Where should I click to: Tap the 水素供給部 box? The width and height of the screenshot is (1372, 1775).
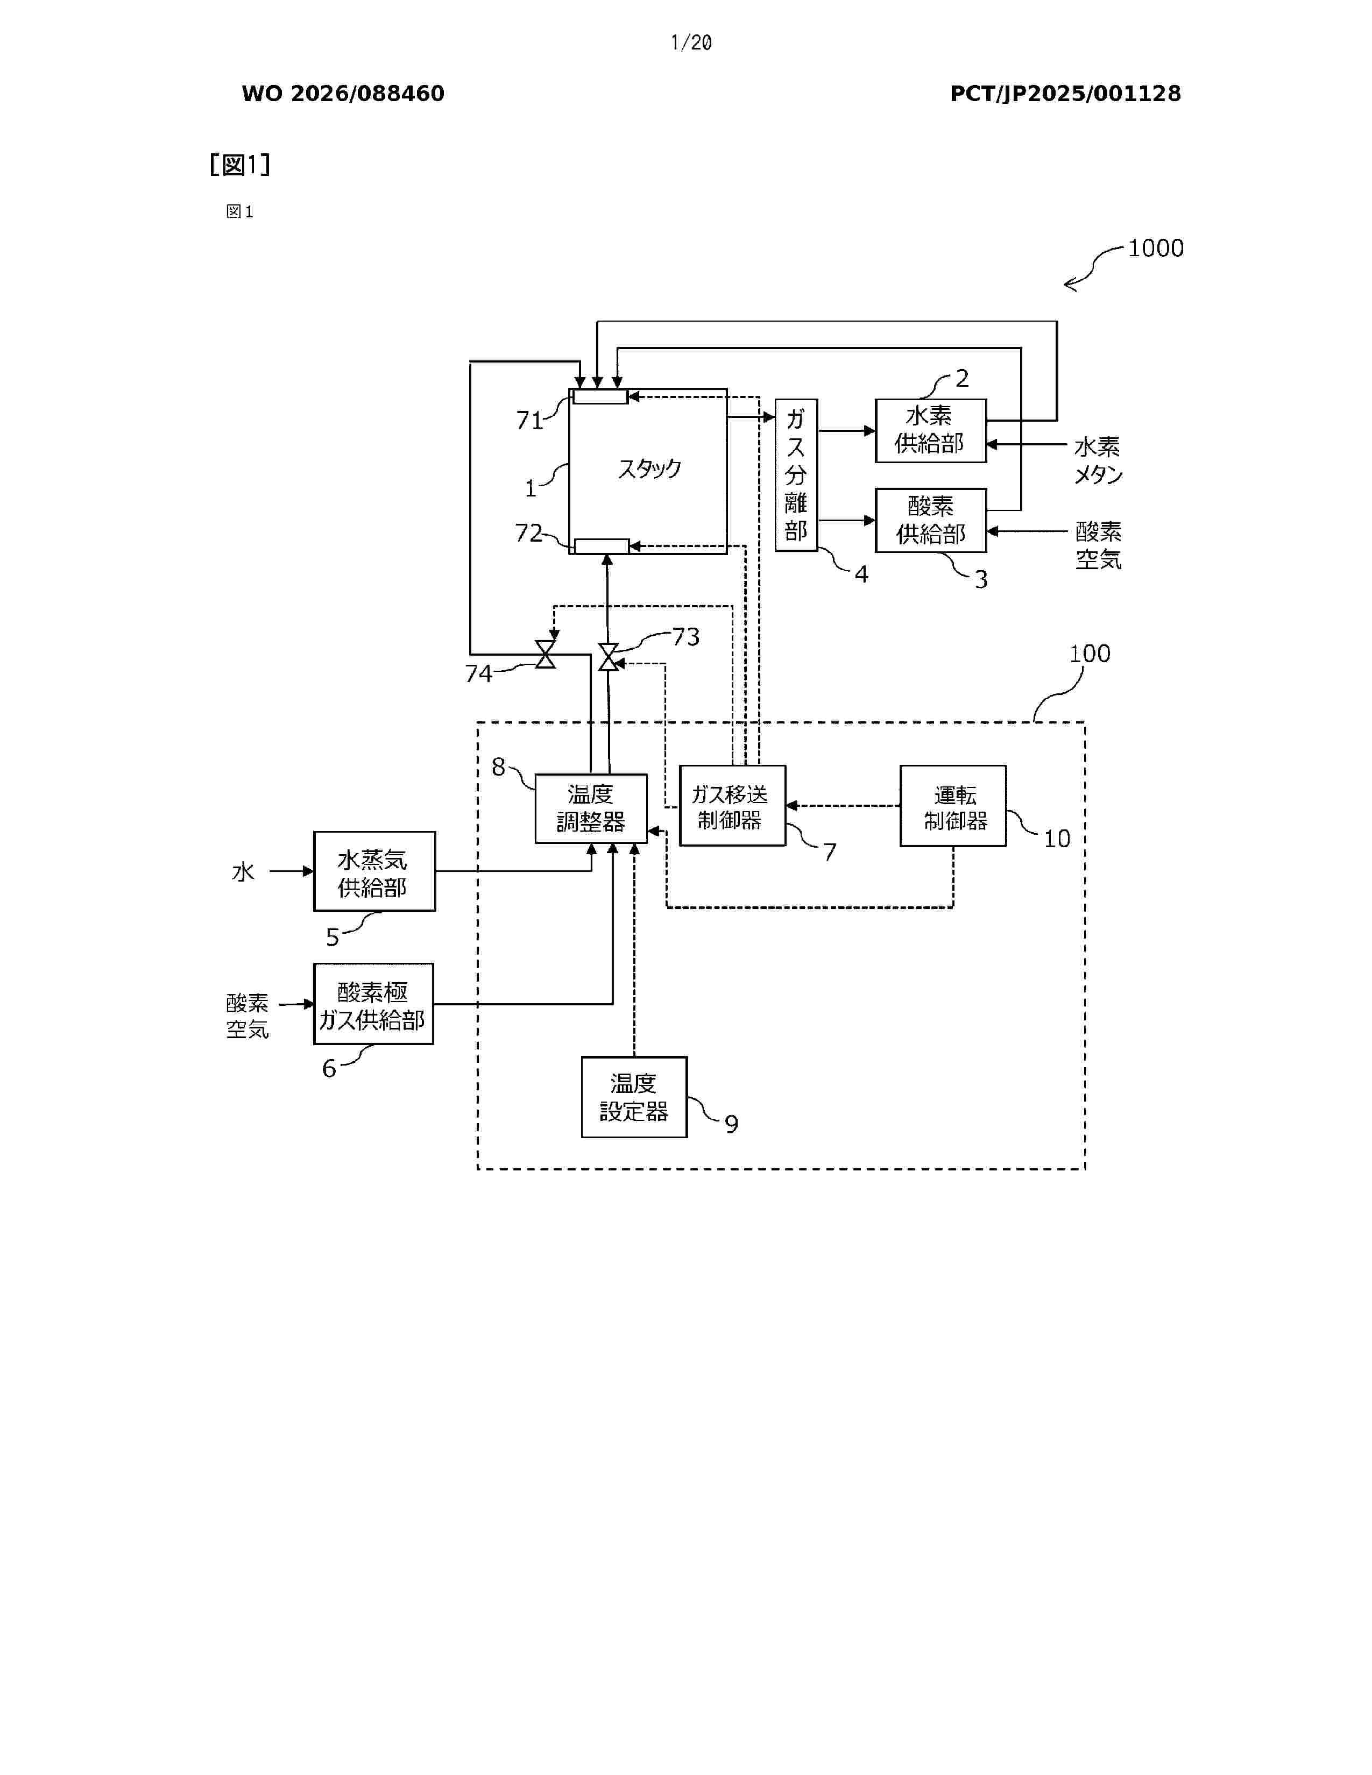[931, 431]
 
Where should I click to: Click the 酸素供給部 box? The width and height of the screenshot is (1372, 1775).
[931, 520]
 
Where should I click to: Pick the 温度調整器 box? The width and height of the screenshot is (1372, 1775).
[591, 808]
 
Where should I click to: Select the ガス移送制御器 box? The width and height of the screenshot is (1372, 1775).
[732, 805]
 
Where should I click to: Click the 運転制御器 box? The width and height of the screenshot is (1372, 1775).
[953, 805]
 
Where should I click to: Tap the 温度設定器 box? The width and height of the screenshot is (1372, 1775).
[634, 1096]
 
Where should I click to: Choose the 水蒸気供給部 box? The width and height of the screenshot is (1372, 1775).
[374, 871]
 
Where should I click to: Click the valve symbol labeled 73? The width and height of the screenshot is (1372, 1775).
[608, 657]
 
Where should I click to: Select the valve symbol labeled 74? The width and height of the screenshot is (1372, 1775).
[546, 654]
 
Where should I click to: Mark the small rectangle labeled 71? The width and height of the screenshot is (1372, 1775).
[600, 396]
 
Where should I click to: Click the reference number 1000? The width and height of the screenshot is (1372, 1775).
[1155, 248]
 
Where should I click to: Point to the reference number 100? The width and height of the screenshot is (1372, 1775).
[1089, 654]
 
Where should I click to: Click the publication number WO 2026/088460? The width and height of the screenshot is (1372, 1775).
[343, 94]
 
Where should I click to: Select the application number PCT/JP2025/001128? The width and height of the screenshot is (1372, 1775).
[1065, 94]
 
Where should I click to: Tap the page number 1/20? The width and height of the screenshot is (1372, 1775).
[691, 42]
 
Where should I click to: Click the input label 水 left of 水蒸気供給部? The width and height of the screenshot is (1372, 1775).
[243, 872]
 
